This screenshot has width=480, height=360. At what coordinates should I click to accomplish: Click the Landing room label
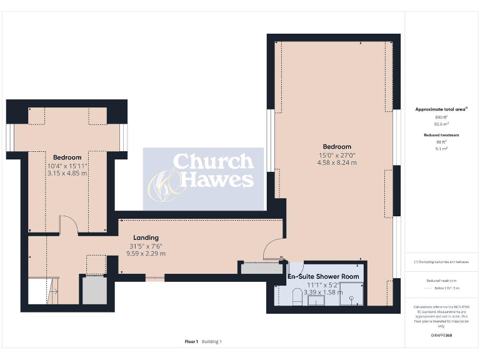coord(146,237)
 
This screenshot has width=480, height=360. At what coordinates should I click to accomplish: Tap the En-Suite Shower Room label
coord(323,276)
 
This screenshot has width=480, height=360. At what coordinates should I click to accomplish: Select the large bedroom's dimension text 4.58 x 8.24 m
coord(337,162)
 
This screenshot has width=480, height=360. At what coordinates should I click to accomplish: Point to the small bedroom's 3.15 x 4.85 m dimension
coord(67,173)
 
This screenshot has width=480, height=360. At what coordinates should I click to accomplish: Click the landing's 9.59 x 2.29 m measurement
coord(146,254)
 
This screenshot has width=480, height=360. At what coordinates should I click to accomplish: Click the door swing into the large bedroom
coord(272,249)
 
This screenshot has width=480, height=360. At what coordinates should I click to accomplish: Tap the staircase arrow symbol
coord(53,291)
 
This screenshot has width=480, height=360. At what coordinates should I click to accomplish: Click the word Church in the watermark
coord(213,162)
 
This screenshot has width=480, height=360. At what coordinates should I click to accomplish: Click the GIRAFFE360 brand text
coord(442,336)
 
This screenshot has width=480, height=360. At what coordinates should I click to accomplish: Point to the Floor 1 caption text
coord(191,341)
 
